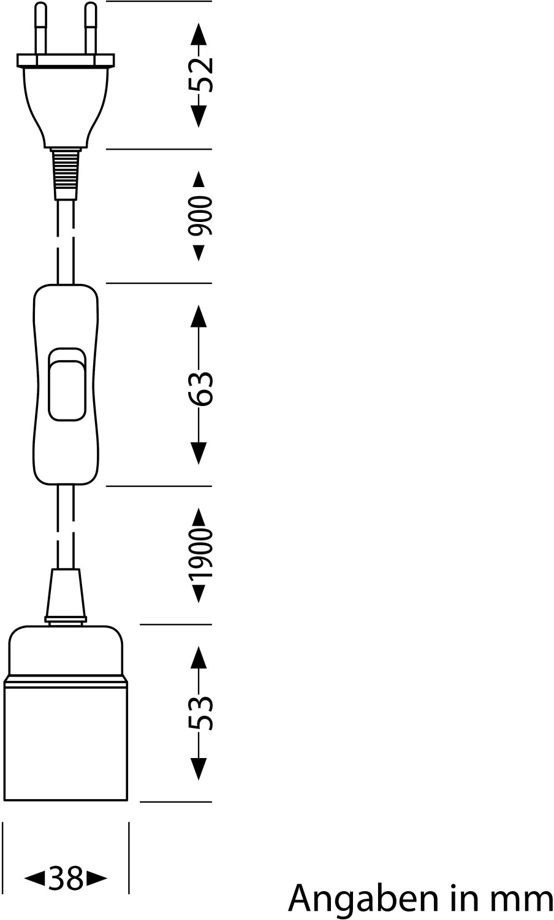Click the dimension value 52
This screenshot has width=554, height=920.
pyautogui.click(x=200, y=74)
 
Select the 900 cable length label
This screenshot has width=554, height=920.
pyautogui.click(x=200, y=216)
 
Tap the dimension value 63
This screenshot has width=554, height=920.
pyautogui.click(x=200, y=388)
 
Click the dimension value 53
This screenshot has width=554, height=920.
pyautogui.click(x=200, y=713)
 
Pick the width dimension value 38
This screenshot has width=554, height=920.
pyautogui.click(x=66, y=879)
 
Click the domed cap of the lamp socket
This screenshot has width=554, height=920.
pyautogui.click(x=66, y=650)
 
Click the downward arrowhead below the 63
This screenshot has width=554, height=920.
pyautogui.click(x=198, y=453)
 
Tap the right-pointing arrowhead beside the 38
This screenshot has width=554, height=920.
pyautogui.click(x=97, y=879)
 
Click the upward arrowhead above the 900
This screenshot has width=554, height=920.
pyautogui.click(x=198, y=178)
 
